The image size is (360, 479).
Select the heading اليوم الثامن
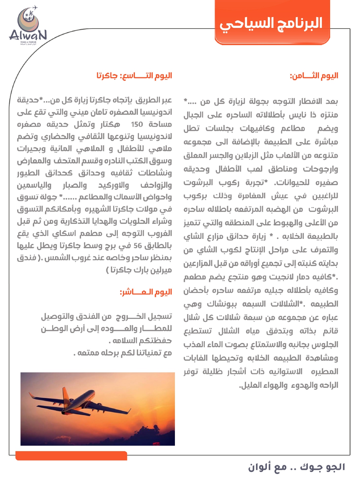(x=314, y=76)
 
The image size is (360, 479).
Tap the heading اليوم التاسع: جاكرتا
(x=134, y=76)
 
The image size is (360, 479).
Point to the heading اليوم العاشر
(x=146, y=292)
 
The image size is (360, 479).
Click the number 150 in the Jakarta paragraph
(x=137, y=124)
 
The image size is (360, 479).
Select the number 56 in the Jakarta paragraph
(x=138, y=246)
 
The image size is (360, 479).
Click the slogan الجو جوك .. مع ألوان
(x=296, y=467)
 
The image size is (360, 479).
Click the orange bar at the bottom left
(x=71, y=456)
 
